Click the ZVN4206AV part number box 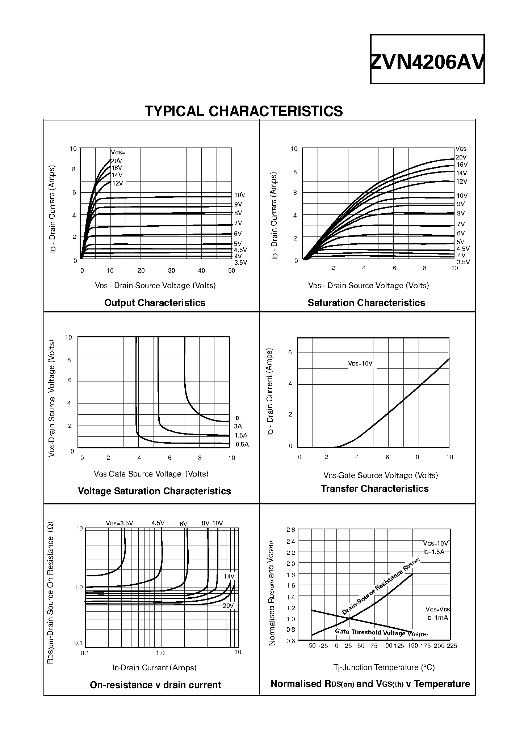tap(427, 60)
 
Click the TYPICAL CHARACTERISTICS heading tap(243, 111)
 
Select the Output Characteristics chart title tap(155, 303)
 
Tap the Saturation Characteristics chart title tap(366, 303)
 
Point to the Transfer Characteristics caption tap(374, 488)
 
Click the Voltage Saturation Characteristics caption tap(154, 491)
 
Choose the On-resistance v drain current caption tap(155, 685)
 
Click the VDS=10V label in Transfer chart tap(360, 363)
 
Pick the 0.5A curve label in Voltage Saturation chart tap(242, 444)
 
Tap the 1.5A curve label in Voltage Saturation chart tap(241, 435)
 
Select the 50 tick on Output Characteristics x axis tap(231, 270)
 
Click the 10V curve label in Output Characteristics tap(239, 195)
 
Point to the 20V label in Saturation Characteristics tap(461, 157)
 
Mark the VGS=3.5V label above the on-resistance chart tap(119, 523)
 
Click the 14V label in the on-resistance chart tap(229, 576)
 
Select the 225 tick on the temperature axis tap(452, 646)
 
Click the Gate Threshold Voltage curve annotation tap(381, 632)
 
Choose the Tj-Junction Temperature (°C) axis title tap(384, 667)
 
